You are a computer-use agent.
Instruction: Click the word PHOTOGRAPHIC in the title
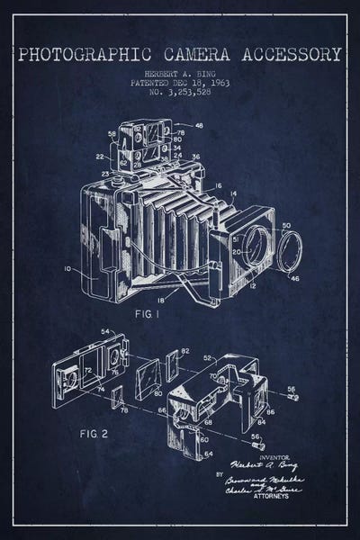click(78, 54)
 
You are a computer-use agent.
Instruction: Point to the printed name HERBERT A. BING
click(180, 71)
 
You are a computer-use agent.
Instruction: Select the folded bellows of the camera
click(171, 225)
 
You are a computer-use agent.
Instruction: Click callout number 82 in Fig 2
click(184, 350)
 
